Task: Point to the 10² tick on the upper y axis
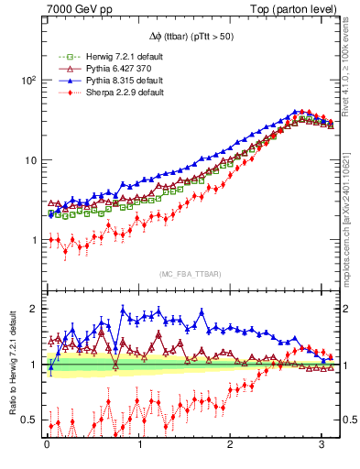click(28, 81)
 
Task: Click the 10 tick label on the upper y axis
click(30, 160)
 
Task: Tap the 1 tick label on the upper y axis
click(34, 240)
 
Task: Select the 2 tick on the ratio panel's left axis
click(34, 309)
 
